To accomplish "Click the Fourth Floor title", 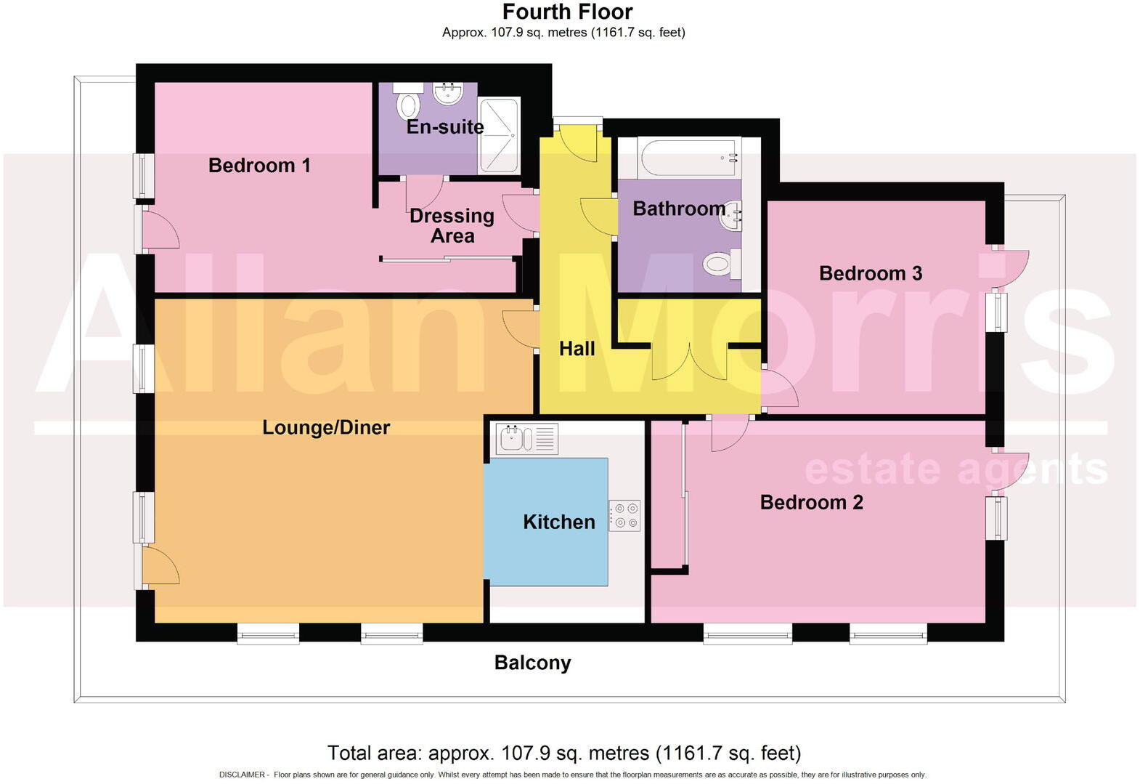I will pyautogui.click(x=567, y=12).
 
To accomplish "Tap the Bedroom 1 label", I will pyautogui.click(x=259, y=165).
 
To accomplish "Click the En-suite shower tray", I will pyautogui.click(x=499, y=136).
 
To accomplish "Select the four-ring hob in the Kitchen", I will pyautogui.click(x=624, y=515).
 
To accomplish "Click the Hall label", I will pyautogui.click(x=577, y=349).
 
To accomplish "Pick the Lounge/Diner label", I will pyautogui.click(x=326, y=427).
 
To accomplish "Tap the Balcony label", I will pyautogui.click(x=532, y=663).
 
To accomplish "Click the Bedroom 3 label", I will pyautogui.click(x=870, y=273).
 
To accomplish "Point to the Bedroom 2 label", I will pyautogui.click(x=811, y=502).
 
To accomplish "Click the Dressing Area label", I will pyautogui.click(x=452, y=225).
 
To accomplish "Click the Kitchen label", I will pyautogui.click(x=558, y=522).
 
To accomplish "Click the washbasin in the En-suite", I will pyautogui.click(x=447, y=93).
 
